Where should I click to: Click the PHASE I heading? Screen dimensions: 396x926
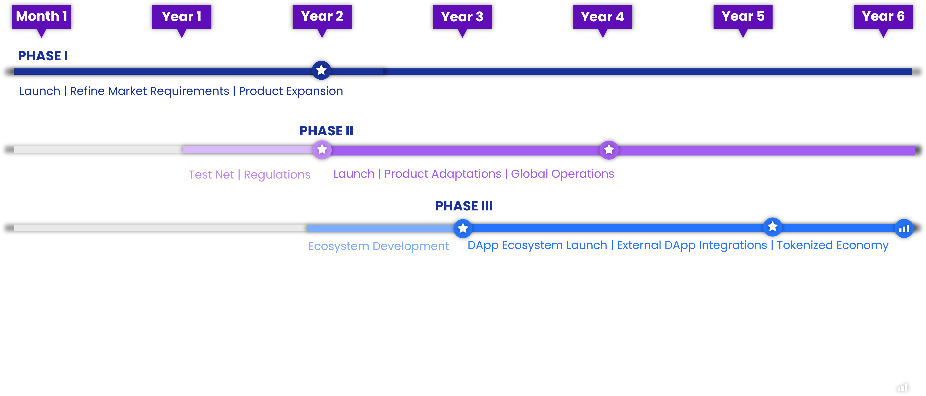tap(43, 56)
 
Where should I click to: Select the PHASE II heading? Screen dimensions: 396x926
tap(326, 131)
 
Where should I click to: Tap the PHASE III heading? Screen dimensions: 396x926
tap(464, 206)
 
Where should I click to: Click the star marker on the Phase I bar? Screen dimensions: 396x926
tap(321, 70)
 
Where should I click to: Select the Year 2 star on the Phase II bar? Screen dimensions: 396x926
tap(322, 149)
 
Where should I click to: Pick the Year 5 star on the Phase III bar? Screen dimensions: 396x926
tap(772, 227)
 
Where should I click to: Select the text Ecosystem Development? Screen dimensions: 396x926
tap(379, 246)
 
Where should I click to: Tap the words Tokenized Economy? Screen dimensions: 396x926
tap(833, 245)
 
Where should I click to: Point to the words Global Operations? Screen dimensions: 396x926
tap(562, 174)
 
